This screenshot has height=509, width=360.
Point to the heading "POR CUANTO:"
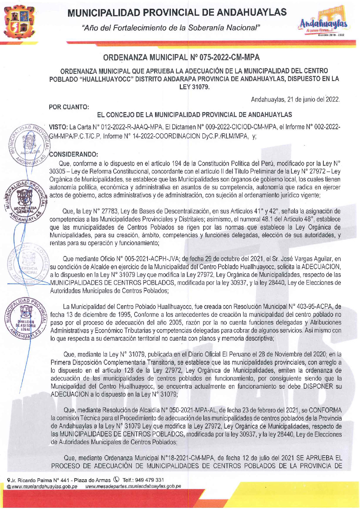(69, 107)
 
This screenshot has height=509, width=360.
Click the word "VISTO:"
(59, 127)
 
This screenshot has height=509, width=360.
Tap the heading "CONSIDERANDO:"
(73, 154)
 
